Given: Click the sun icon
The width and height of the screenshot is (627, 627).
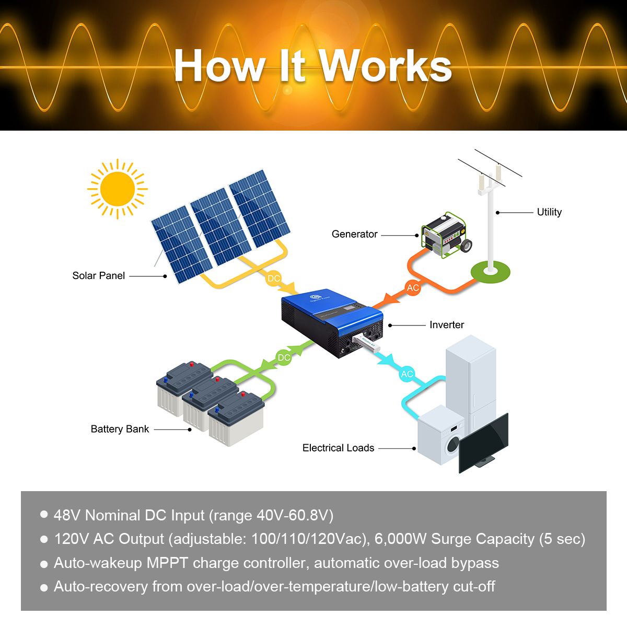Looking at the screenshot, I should [117, 189].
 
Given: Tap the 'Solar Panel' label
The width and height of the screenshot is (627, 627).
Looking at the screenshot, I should [98, 276].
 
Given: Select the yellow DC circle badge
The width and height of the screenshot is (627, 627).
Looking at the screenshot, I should [274, 278].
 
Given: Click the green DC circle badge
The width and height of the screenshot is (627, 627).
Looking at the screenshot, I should [284, 358].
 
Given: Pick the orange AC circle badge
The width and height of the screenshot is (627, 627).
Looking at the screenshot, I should [413, 288].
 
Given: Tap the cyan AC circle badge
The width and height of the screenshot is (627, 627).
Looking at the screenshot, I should [407, 374].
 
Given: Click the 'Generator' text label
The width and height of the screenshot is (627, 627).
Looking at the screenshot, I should [354, 234].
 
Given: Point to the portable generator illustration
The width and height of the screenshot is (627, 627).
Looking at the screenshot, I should [446, 235].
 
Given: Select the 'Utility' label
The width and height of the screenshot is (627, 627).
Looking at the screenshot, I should [549, 212].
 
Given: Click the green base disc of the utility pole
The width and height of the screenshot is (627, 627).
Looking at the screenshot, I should [490, 272].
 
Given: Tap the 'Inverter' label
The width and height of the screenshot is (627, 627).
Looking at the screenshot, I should [446, 325].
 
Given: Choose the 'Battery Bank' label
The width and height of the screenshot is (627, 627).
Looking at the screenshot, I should [120, 429].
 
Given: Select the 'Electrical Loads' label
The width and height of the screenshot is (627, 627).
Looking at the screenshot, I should [338, 448].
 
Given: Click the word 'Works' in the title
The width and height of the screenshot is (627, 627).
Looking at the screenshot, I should [386, 66].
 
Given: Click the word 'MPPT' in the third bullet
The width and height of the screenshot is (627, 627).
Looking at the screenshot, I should [167, 563].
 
